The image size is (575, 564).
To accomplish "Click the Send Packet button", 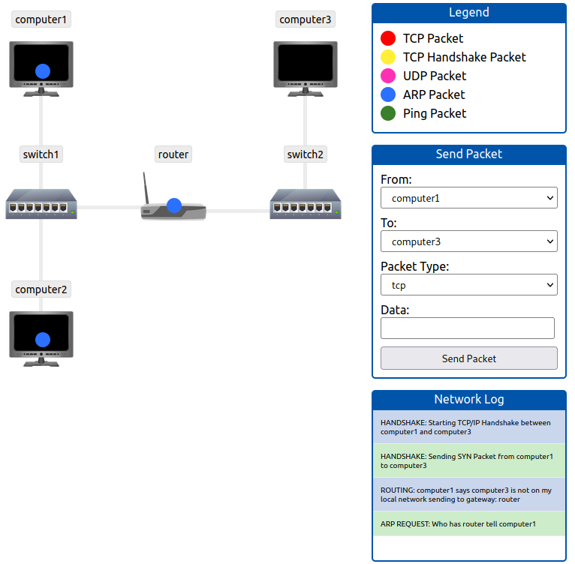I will pos(468,358).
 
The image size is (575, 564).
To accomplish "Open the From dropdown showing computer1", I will pos(468,198).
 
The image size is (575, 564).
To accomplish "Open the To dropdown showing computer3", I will pos(468,241).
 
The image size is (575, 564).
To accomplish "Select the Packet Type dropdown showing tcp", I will pos(468,285).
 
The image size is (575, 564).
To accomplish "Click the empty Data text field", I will pos(467,328).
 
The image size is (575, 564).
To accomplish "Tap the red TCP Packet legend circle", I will pos(388,38).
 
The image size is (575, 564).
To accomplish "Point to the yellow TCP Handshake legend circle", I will pos(388,57).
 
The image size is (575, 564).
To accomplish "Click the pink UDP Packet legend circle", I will pos(388,76).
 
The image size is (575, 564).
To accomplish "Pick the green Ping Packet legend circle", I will pos(388,113).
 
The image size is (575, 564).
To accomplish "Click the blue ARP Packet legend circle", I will pos(388,94).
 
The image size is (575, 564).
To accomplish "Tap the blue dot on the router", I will pos(174,205).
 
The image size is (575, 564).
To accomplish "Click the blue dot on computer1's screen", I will pos(43,71).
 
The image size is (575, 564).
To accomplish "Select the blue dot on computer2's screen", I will pos(43,340).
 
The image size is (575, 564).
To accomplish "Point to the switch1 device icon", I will pos(41,204).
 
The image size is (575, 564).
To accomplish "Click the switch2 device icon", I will pos(306,204).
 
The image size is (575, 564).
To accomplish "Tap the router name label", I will pos(173,154).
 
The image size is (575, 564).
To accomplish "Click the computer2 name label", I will pos(41,289).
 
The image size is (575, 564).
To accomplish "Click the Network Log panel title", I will pos(468,399).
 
